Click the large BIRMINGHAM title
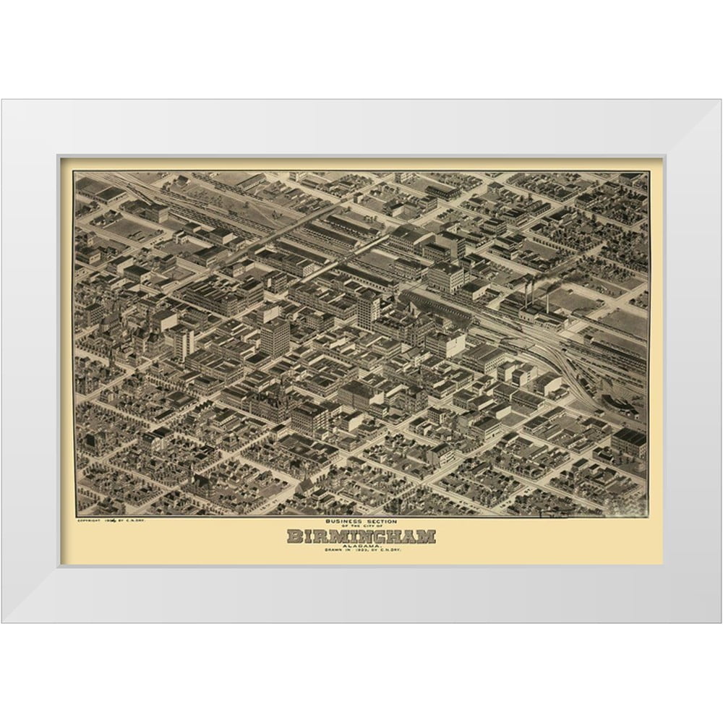pyautogui.click(x=361, y=536)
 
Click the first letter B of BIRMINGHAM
pyautogui.click(x=294, y=536)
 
